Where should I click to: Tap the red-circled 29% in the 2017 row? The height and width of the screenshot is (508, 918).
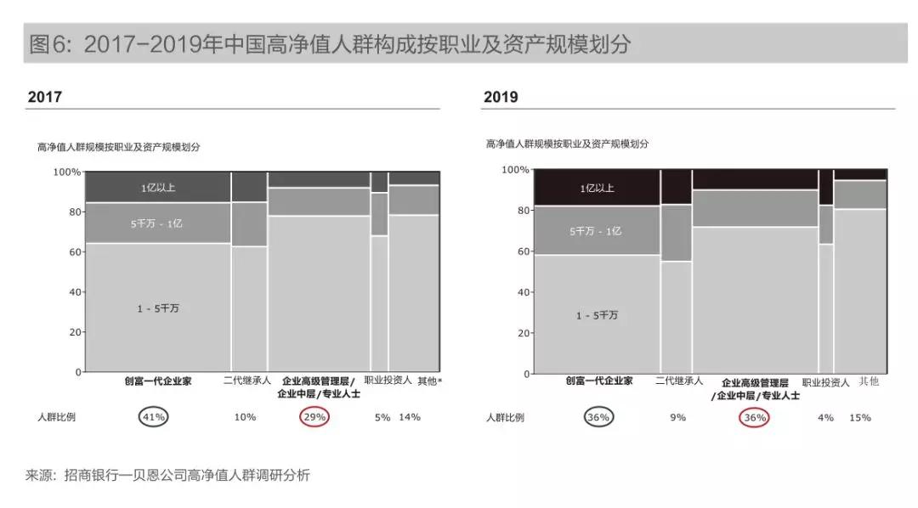coord(314,416)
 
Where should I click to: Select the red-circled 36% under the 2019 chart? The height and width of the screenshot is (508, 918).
coord(755,417)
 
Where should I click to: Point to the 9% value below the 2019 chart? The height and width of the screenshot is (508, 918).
coord(678,417)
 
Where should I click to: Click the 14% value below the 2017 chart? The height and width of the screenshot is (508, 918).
coord(410,416)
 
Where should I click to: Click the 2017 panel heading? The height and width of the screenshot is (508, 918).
coord(45,97)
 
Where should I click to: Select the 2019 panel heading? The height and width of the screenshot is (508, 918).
coord(501,97)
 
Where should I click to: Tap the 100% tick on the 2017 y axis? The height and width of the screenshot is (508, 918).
coord(66,172)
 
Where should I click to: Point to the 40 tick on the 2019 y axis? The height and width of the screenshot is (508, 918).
coord(520,292)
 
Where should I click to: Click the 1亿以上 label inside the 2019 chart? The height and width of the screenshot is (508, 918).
coord(597,188)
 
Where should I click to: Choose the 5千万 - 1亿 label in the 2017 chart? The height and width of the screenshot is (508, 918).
coord(158,224)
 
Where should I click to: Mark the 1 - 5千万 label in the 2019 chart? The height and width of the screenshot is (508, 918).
coord(597,315)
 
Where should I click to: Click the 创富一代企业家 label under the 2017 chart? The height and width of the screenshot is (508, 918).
coord(158,381)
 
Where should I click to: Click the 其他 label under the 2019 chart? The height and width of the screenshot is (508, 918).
coord(869,381)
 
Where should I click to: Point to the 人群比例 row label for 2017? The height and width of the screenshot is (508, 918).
coord(55,417)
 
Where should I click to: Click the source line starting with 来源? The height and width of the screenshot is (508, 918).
coord(167,475)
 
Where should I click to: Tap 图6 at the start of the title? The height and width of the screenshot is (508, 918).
coord(49,44)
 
